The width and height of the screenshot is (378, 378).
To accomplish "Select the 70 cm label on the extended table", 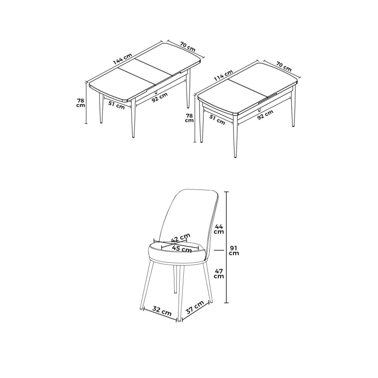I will (188, 46).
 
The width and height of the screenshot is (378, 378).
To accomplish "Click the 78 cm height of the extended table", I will (81, 102).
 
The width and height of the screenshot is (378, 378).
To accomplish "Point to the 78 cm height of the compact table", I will (189, 117).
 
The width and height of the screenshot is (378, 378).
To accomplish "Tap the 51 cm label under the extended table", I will (116, 105).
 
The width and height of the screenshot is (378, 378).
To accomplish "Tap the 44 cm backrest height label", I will (218, 229).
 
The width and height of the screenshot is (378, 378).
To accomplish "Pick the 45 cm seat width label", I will (182, 249).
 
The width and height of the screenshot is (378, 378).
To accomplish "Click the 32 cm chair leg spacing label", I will (162, 311).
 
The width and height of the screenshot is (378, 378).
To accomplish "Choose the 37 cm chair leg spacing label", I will (195, 309).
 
